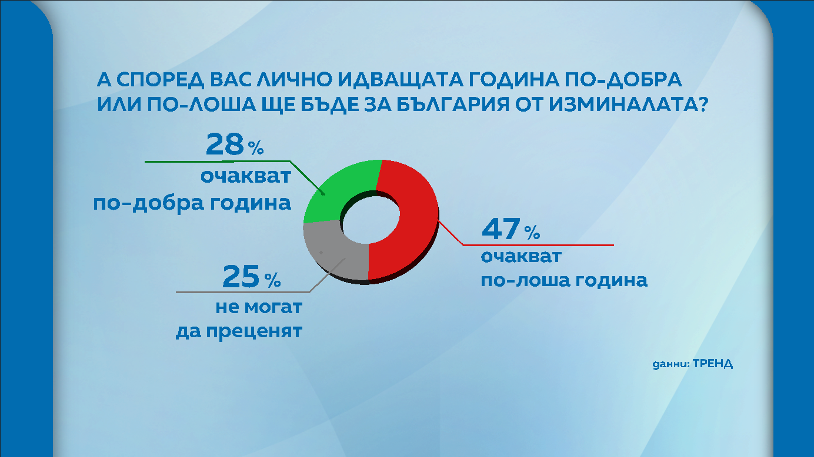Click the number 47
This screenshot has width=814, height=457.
tap(501, 230)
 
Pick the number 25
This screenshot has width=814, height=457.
tap(241, 277)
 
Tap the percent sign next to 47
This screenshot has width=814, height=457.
tap(532, 234)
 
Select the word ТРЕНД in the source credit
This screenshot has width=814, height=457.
tap(713, 363)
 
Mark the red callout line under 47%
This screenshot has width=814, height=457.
tap(538, 244)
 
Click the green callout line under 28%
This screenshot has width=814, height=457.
tap(218, 161)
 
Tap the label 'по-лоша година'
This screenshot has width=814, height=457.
tap(564, 280)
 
